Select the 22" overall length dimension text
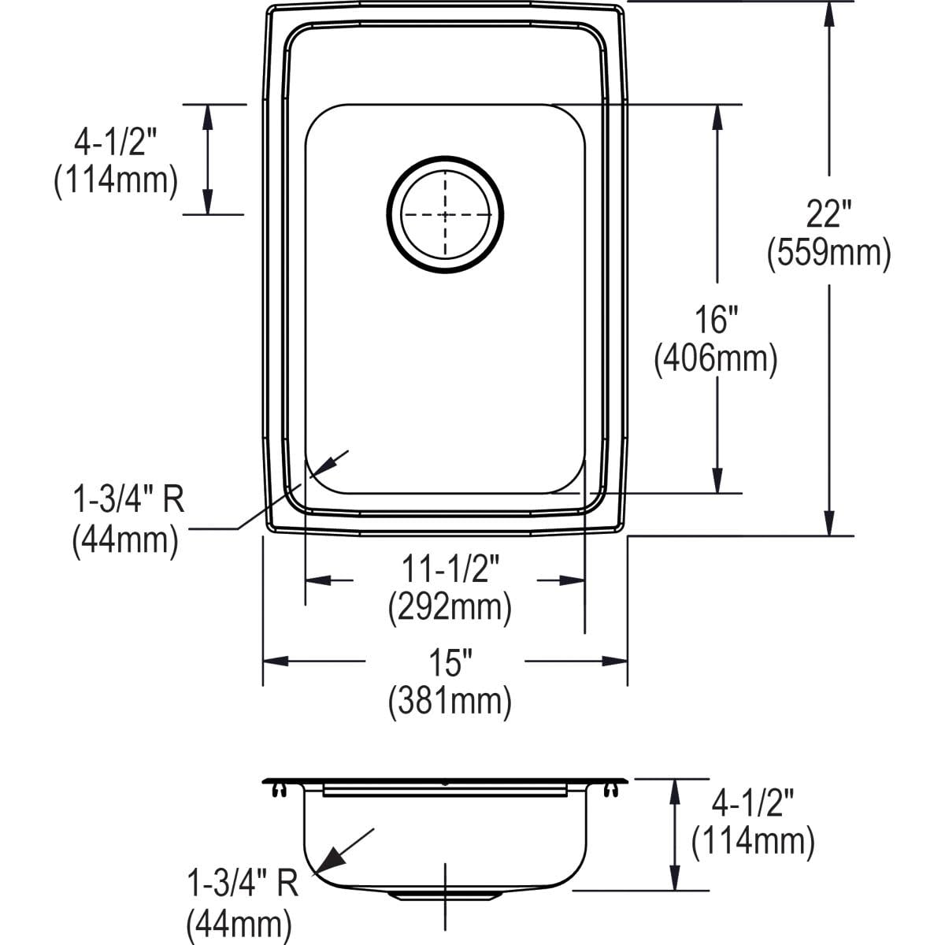828,214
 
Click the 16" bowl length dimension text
716,321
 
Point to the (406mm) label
716,359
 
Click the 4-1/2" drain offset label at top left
116,143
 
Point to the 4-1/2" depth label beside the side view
753,804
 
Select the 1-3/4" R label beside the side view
243,884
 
